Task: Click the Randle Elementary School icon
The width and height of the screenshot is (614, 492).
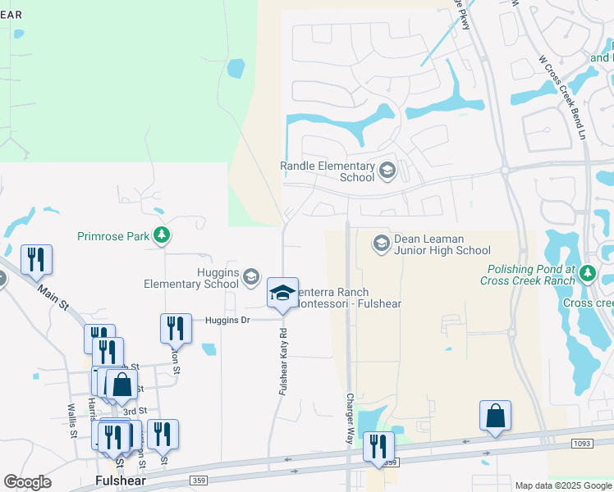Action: point(387,171)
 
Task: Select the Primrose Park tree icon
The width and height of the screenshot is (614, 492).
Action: point(162,236)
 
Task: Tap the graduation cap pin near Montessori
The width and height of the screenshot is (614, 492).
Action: point(282,293)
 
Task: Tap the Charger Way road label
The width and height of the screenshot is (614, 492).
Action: point(350,419)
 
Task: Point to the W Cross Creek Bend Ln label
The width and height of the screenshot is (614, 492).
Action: point(562,96)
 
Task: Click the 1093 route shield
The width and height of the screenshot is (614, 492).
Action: point(583,443)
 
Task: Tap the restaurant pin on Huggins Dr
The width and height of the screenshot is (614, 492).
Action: point(176,328)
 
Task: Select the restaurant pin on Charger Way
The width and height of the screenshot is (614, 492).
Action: point(378,446)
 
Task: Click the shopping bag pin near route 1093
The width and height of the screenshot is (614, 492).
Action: point(496,416)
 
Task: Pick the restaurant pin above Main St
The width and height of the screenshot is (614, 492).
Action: point(36,259)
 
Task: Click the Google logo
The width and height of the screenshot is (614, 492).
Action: point(27,481)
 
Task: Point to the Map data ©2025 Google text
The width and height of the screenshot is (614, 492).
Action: point(562,485)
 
